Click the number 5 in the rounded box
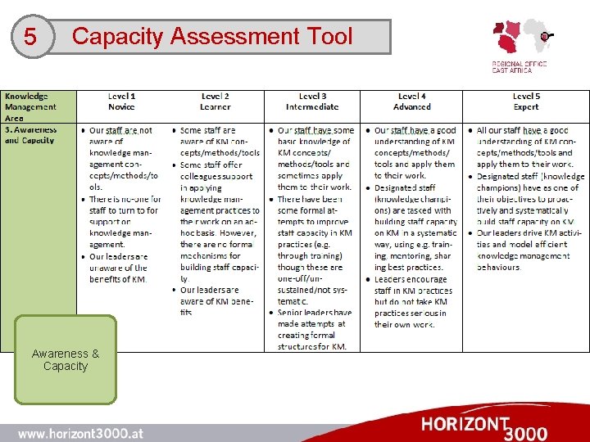[x=30, y=38]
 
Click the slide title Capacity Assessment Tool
[x=212, y=36]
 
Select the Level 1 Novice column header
[x=121, y=101]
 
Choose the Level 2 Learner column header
[x=216, y=101]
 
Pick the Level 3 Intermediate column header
[x=311, y=101]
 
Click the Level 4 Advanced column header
[x=411, y=101]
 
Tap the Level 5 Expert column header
[x=525, y=101]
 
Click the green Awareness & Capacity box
[x=66, y=360]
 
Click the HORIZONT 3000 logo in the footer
[x=483, y=426]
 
